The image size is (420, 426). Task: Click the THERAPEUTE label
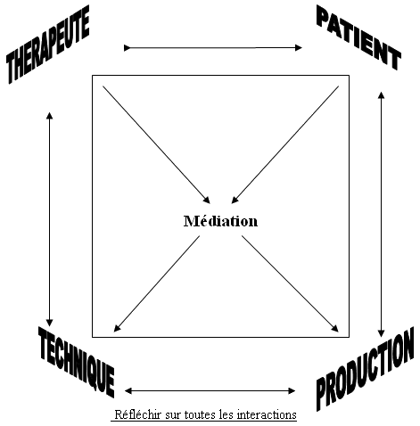[x=48, y=45]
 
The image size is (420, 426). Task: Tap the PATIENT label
[x=358, y=37]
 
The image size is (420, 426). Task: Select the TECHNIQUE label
[x=77, y=362]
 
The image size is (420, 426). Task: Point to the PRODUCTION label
[x=365, y=369]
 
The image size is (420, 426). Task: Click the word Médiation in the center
[x=220, y=221]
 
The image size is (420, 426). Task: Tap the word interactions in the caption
[x=267, y=414]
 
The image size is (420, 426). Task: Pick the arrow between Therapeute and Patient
[x=213, y=47]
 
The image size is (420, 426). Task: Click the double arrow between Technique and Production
[x=210, y=390]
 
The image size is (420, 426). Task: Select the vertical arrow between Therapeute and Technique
[x=50, y=219]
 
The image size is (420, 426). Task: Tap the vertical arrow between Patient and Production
[x=381, y=215]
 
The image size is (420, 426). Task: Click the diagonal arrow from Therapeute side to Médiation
[x=156, y=144]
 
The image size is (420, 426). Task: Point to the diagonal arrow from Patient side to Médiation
[x=285, y=144]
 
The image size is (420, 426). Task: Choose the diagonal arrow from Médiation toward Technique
[x=157, y=283]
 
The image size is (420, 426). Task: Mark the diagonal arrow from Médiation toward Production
[x=290, y=283]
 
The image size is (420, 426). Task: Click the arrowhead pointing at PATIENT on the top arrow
[x=299, y=47]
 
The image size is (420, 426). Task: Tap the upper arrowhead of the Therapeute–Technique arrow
[x=50, y=116]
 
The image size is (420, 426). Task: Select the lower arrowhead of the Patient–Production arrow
[x=381, y=334]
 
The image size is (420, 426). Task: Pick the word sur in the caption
[x=173, y=415]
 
